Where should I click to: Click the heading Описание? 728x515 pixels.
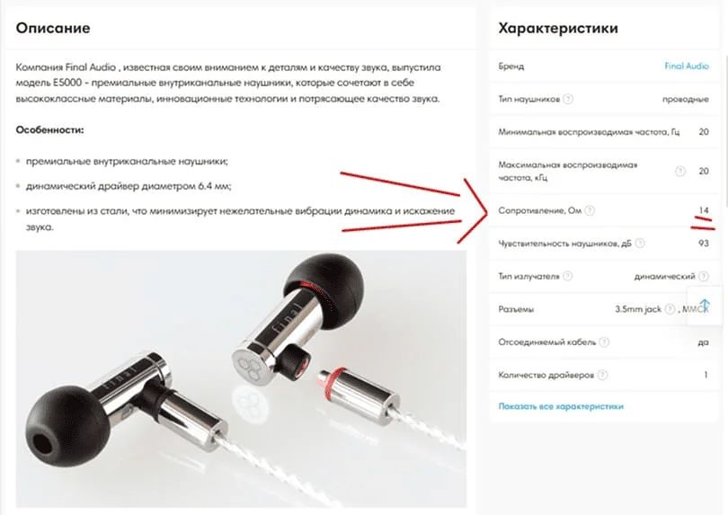[53, 28]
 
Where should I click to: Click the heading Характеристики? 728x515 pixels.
[557, 28]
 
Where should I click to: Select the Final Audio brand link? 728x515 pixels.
[686, 67]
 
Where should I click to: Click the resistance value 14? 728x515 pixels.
[704, 210]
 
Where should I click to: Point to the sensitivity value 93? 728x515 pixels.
[703, 244]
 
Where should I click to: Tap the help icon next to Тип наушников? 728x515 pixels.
[568, 99]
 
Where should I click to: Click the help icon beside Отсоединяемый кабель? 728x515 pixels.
[603, 342]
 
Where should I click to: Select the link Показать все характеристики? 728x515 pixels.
[561, 406]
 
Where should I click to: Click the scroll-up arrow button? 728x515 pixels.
[705, 305]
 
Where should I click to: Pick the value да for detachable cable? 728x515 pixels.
[703, 342]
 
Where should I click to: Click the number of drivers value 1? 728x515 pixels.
[706, 374]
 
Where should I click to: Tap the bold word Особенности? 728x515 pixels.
[49, 130]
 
